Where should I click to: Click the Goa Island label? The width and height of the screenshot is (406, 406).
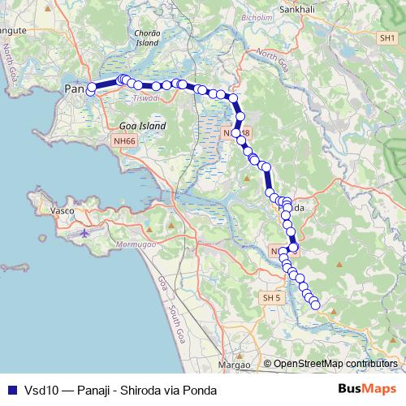[142, 127]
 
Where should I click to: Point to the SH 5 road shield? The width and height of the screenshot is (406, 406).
[270, 299]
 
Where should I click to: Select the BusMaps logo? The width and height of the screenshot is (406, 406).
[366, 389]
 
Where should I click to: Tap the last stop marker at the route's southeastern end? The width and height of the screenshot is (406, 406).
[315, 305]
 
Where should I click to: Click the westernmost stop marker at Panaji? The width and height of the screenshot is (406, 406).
[91, 88]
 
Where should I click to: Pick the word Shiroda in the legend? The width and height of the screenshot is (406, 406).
[141, 391]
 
